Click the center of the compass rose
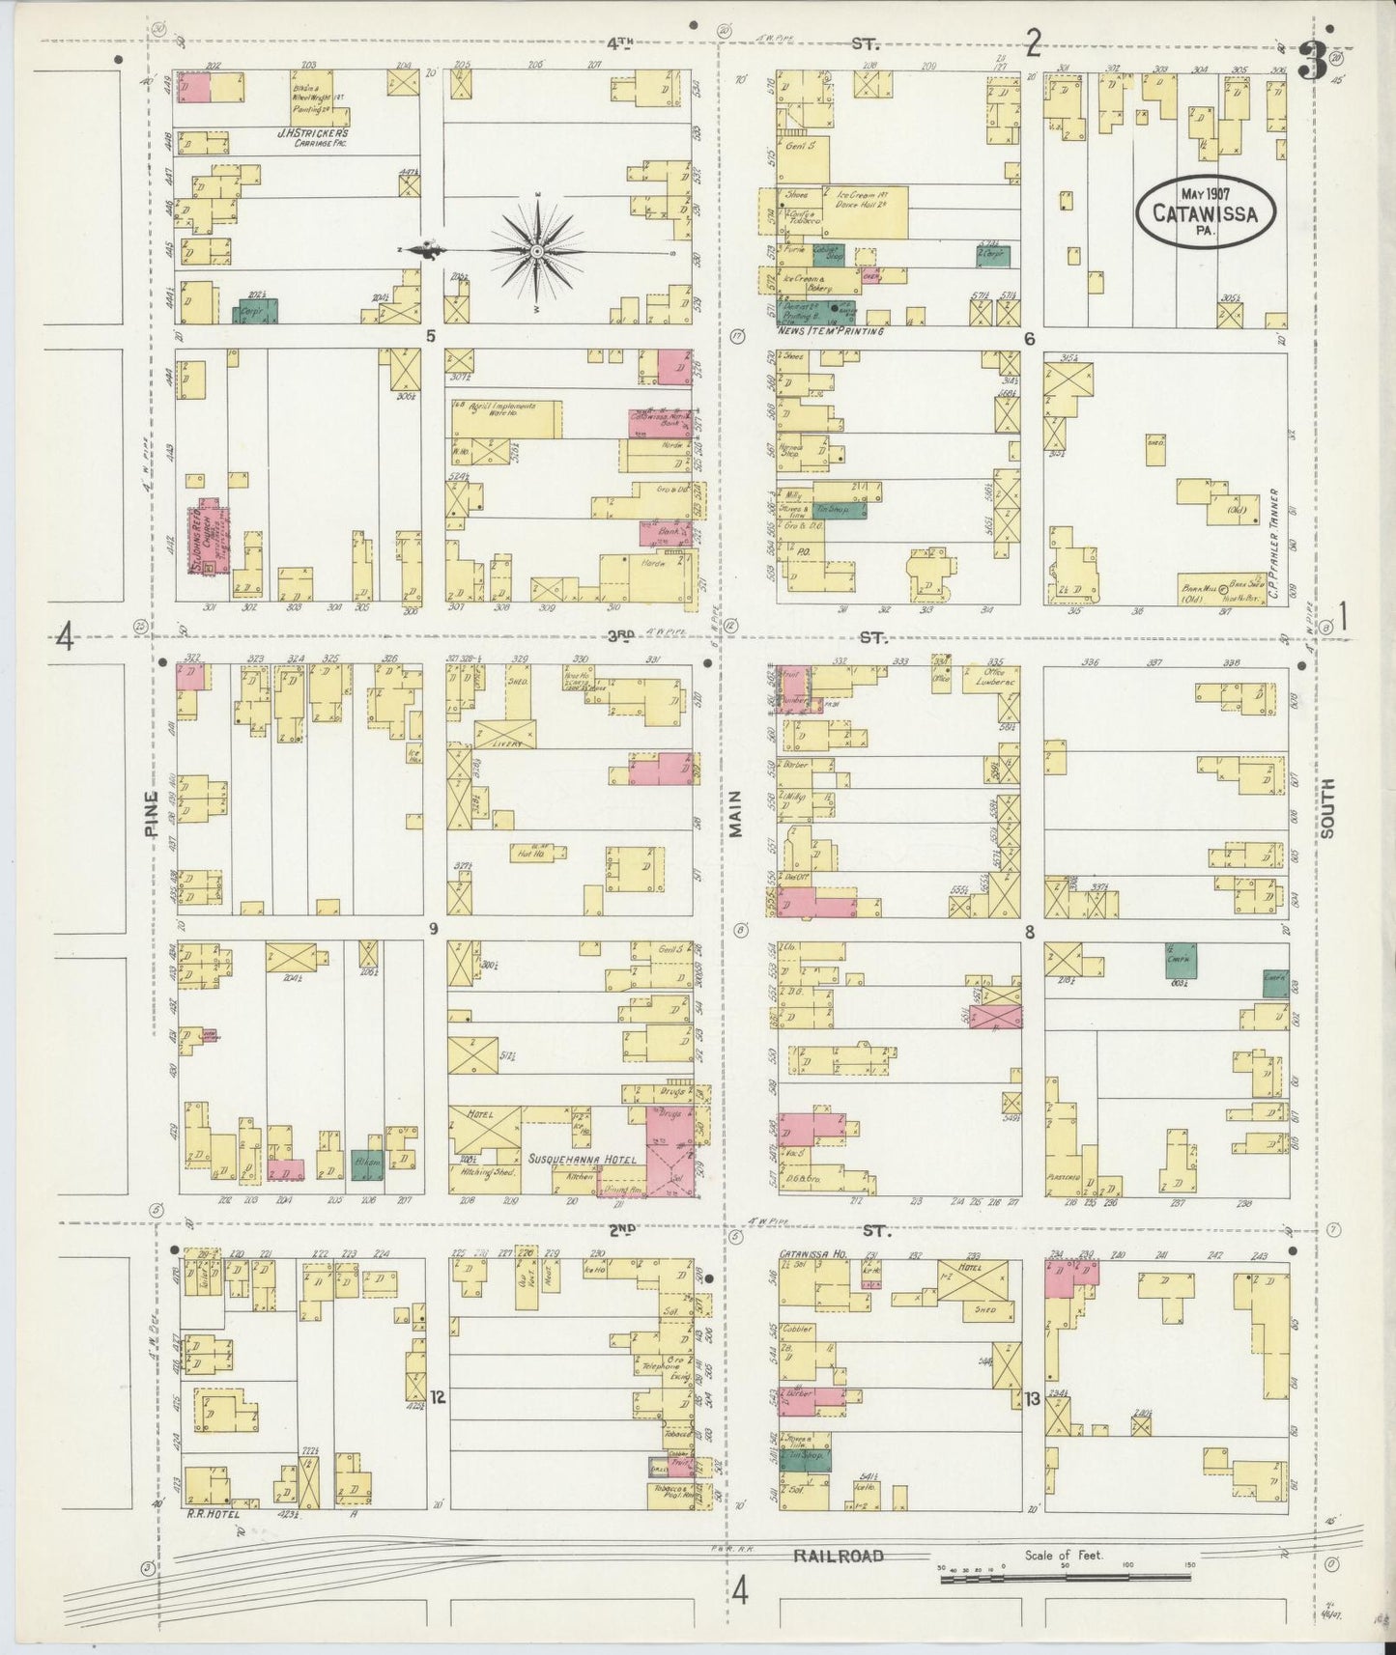537,251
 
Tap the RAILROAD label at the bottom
839,1556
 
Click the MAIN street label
735,814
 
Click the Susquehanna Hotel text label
582,1158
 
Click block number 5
432,337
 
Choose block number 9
434,929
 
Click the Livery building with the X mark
504,734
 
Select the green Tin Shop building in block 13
804,1461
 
